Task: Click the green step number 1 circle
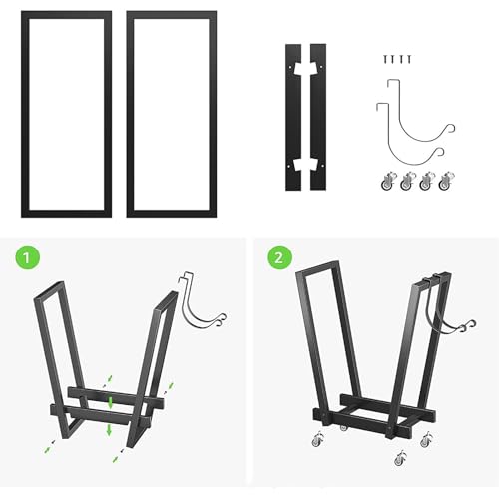(x=28, y=257)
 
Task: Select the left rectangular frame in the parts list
(x=25, y=114)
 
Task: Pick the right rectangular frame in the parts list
(x=131, y=114)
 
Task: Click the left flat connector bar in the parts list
(x=289, y=117)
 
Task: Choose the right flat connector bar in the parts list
(x=322, y=117)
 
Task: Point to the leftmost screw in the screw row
(x=385, y=59)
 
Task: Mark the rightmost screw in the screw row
(x=409, y=59)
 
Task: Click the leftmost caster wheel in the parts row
(x=389, y=182)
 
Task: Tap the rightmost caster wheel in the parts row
(x=446, y=182)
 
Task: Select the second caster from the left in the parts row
(x=408, y=182)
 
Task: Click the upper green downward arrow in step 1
(x=111, y=403)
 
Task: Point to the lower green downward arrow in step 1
(x=109, y=429)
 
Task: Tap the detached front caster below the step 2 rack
(x=400, y=458)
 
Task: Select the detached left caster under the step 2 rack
(x=318, y=440)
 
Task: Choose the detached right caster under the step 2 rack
(x=426, y=439)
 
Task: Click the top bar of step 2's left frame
(x=317, y=266)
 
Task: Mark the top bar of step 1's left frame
(x=49, y=290)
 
